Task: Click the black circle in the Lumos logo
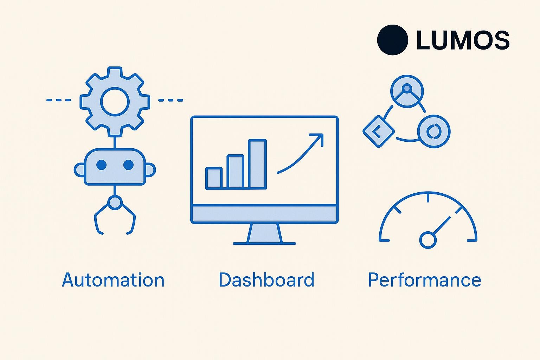point(392,40)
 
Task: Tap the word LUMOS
point(463,40)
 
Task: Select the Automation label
point(113,280)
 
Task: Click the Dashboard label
point(266,280)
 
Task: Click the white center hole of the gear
point(115,102)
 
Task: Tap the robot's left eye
point(101,165)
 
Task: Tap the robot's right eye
point(128,165)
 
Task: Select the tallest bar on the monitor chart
point(257,164)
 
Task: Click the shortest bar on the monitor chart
point(214,178)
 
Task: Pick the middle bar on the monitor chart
point(235,172)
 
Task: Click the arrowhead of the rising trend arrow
point(318,139)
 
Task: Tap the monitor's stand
point(264,234)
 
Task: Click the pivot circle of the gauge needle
point(428,240)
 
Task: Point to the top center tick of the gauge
point(428,197)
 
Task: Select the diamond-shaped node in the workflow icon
point(379,131)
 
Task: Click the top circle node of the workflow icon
point(407,91)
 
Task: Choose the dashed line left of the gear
point(59,100)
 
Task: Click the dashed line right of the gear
point(171,100)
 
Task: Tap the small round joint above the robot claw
point(115,202)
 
